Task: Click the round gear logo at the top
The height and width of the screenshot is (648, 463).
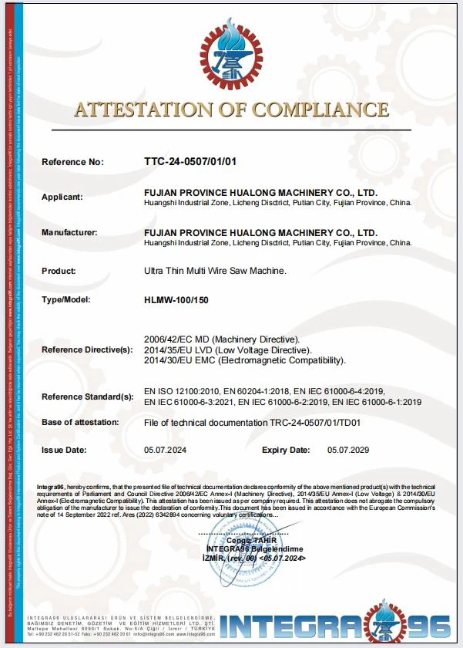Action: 231,55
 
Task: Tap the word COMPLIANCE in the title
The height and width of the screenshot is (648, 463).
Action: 319,110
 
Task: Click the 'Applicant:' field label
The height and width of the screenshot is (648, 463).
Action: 62,197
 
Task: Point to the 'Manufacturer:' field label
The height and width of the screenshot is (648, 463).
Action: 69,232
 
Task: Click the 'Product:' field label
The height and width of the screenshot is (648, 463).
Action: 59,272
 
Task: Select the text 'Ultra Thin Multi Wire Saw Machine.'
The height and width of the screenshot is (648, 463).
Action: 215,272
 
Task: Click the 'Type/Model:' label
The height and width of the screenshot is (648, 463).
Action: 66,299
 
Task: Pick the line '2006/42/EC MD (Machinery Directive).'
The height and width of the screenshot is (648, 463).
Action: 222,339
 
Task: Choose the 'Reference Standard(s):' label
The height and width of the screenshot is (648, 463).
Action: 87,397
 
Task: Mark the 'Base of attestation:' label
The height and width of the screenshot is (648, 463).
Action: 80,422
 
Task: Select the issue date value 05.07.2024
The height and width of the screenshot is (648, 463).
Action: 166,449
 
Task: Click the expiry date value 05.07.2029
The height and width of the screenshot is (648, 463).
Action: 349,449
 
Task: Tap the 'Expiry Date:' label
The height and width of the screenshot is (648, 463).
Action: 286,449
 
